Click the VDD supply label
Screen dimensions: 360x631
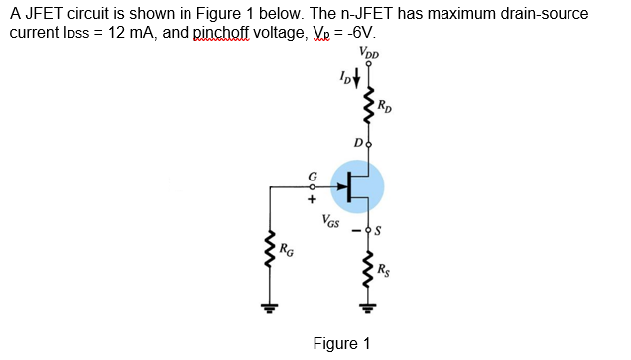click(x=370, y=54)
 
